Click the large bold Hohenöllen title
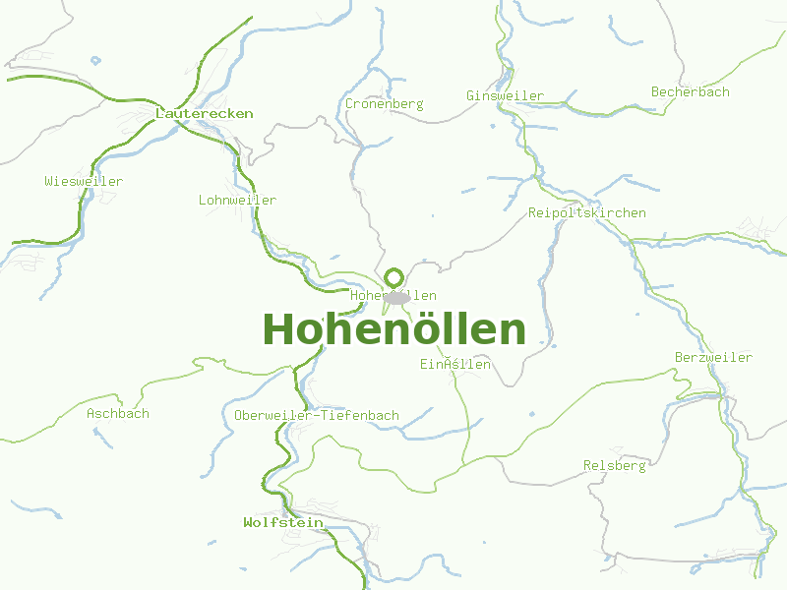coord(394,329)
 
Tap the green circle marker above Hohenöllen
coord(394,277)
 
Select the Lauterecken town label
coord(205,113)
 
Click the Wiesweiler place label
coord(84,181)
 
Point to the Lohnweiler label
coord(237,200)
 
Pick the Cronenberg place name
coord(384,103)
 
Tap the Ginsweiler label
coord(505,95)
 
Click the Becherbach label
coord(691,91)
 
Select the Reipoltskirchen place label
coord(587,212)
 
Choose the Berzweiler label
coord(714,357)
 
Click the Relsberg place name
coord(615,465)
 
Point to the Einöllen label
coord(454,365)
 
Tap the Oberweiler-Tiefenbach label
coord(317,415)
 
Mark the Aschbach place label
coord(118,413)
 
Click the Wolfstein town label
coord(283,522)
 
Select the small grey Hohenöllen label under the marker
coord(393,295)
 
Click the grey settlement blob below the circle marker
coord(397,297)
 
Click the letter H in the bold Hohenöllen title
coord(278,329)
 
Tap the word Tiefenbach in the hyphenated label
coord(359,415)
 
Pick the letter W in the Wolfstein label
coord(248,522)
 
